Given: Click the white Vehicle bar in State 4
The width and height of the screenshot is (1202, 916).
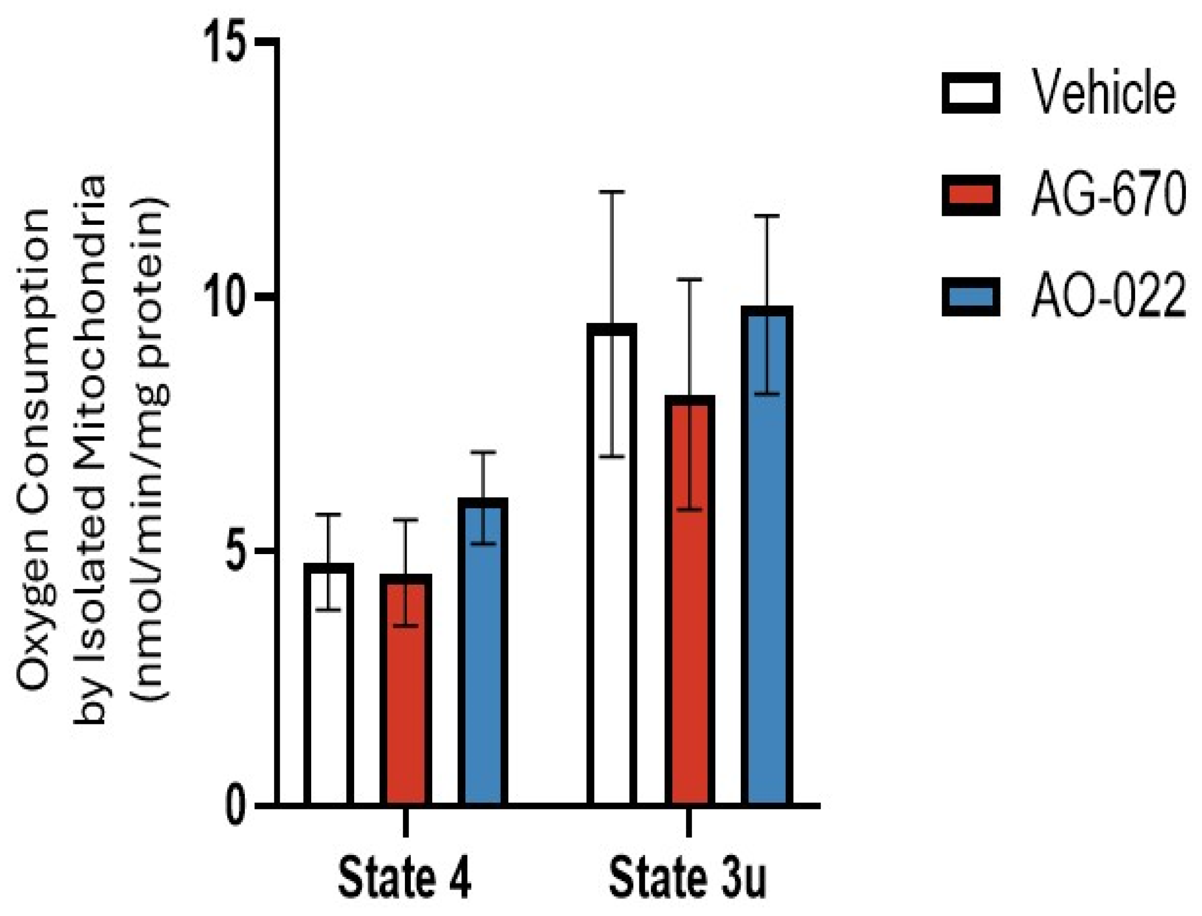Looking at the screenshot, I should [x=329, y=687].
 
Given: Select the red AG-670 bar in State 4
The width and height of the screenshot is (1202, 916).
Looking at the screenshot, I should [x=405, y=692].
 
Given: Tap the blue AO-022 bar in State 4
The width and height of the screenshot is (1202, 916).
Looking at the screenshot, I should [x=483, y=654].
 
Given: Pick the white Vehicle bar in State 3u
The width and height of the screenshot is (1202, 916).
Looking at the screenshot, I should [x=612, y=567].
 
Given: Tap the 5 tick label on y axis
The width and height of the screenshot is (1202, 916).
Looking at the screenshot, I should [x=238, y=551].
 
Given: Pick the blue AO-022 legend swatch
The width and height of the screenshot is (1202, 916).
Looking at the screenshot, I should [x=970, y=297].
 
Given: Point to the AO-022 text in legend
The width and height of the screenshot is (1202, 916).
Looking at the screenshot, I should [x=1108, y=297].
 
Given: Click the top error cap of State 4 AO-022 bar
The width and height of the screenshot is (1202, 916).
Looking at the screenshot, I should [x=483, y=452].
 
